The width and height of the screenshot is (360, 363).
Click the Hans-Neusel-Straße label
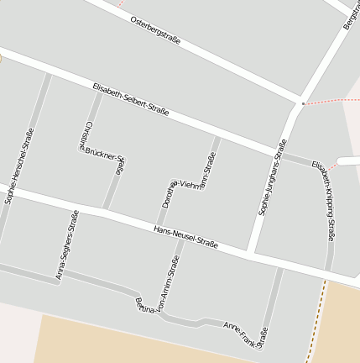click(x=185, y=237)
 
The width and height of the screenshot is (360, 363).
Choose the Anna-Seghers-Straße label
click(x=67, y=244)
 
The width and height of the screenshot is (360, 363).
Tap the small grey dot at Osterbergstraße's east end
click(x=302, y=103)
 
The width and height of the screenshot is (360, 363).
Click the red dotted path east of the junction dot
click(x=331, y=101)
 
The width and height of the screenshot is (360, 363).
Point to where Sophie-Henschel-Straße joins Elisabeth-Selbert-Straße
click(x=48, y=73)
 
